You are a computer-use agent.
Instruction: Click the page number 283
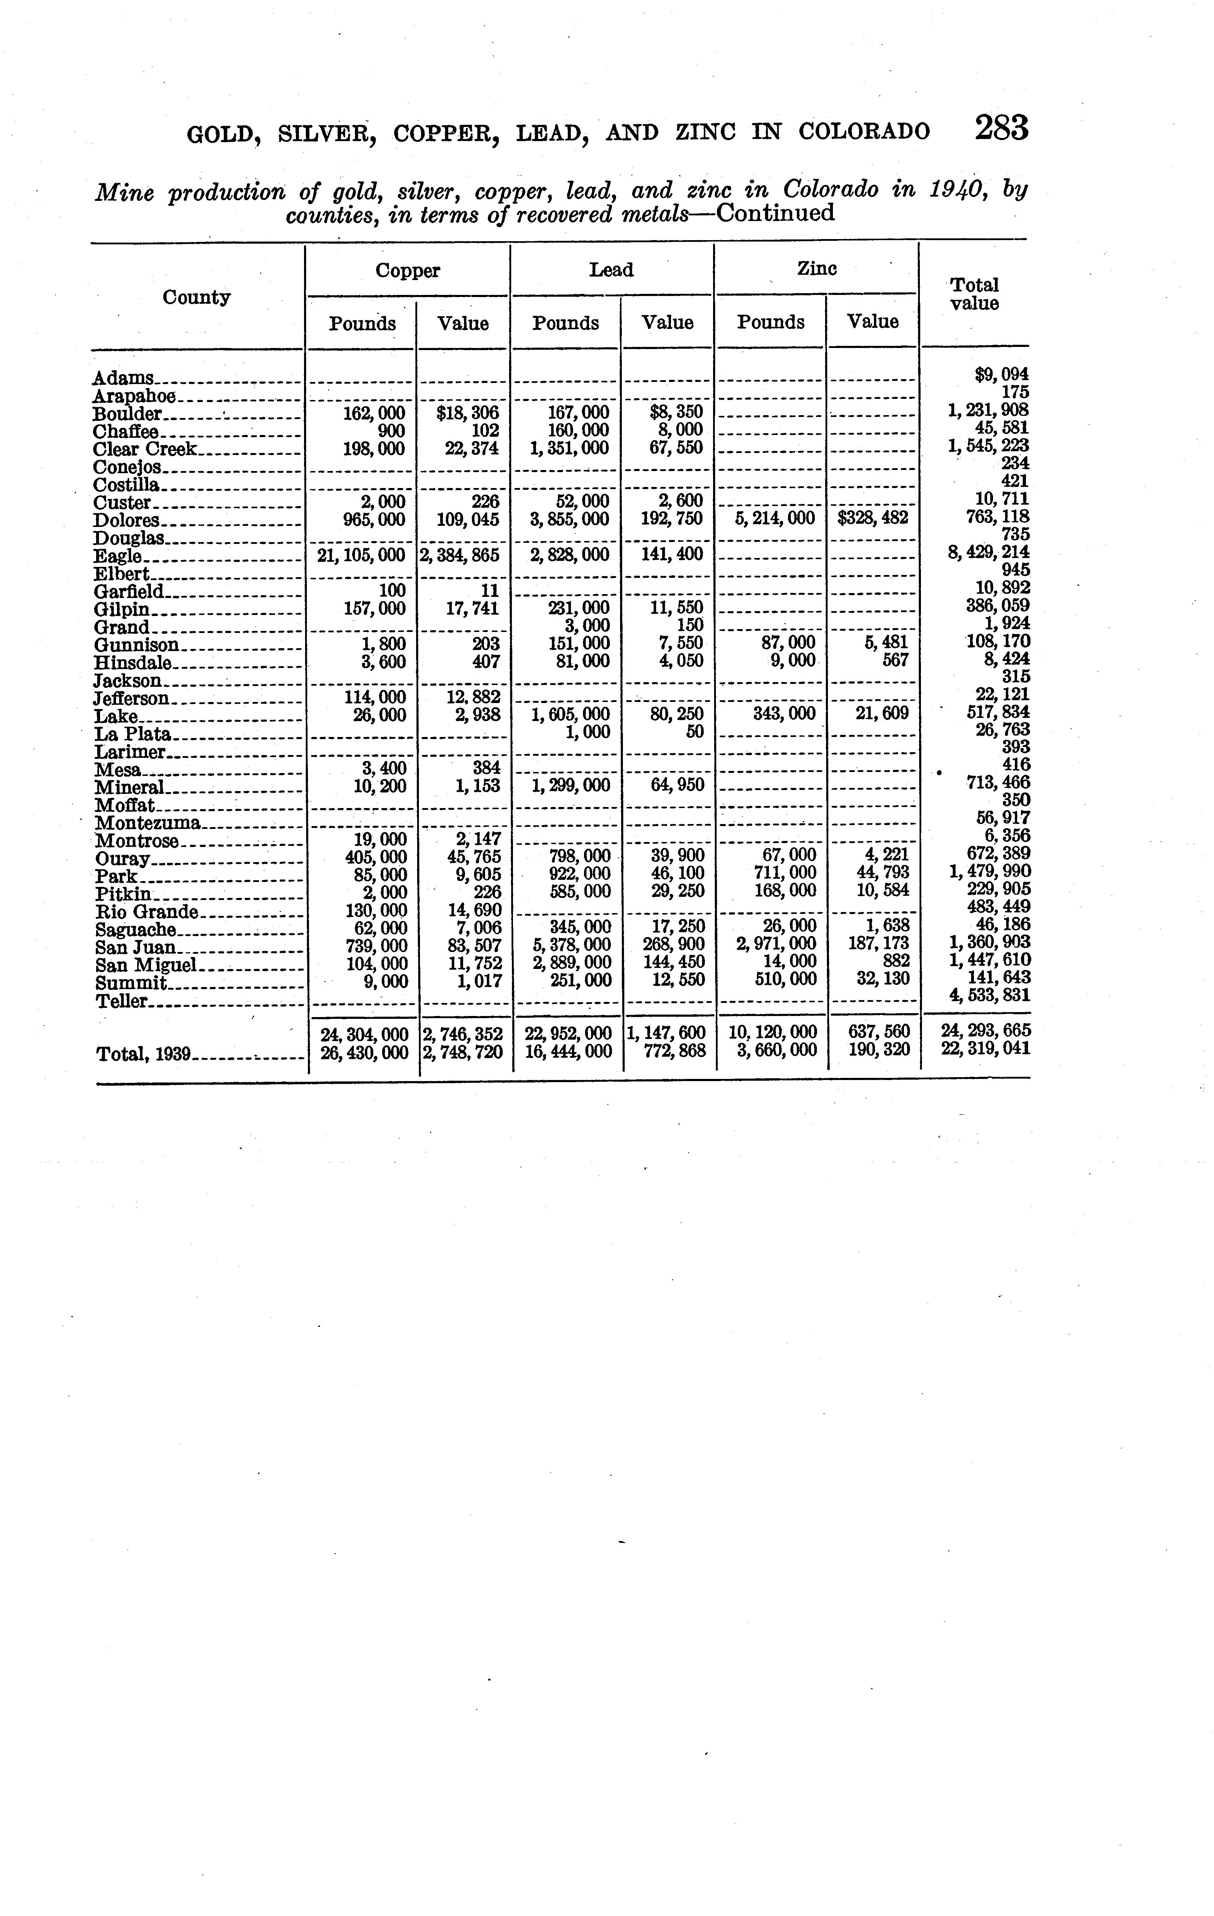coord(1002,128)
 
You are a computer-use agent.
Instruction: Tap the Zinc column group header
coord(817,269)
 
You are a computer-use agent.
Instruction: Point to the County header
coord(197,298)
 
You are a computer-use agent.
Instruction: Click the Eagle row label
coord(118,556)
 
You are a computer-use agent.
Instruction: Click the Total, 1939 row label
coord(143,1054)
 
